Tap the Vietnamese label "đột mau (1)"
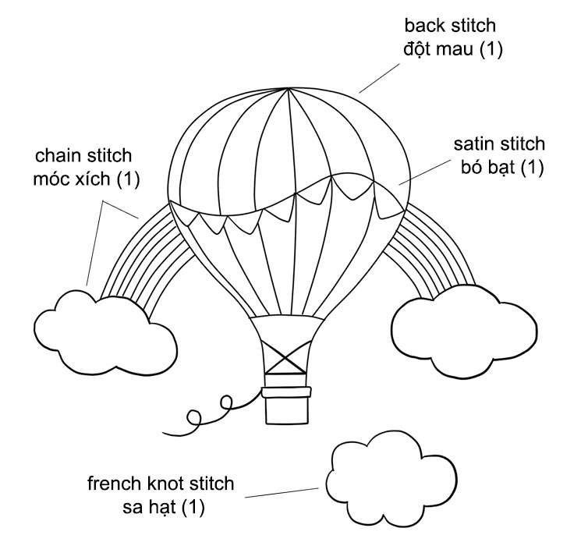pos(453,48)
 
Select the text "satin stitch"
pos(499,145)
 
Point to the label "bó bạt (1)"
pos(499,167)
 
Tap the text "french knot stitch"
pos(161,484)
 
